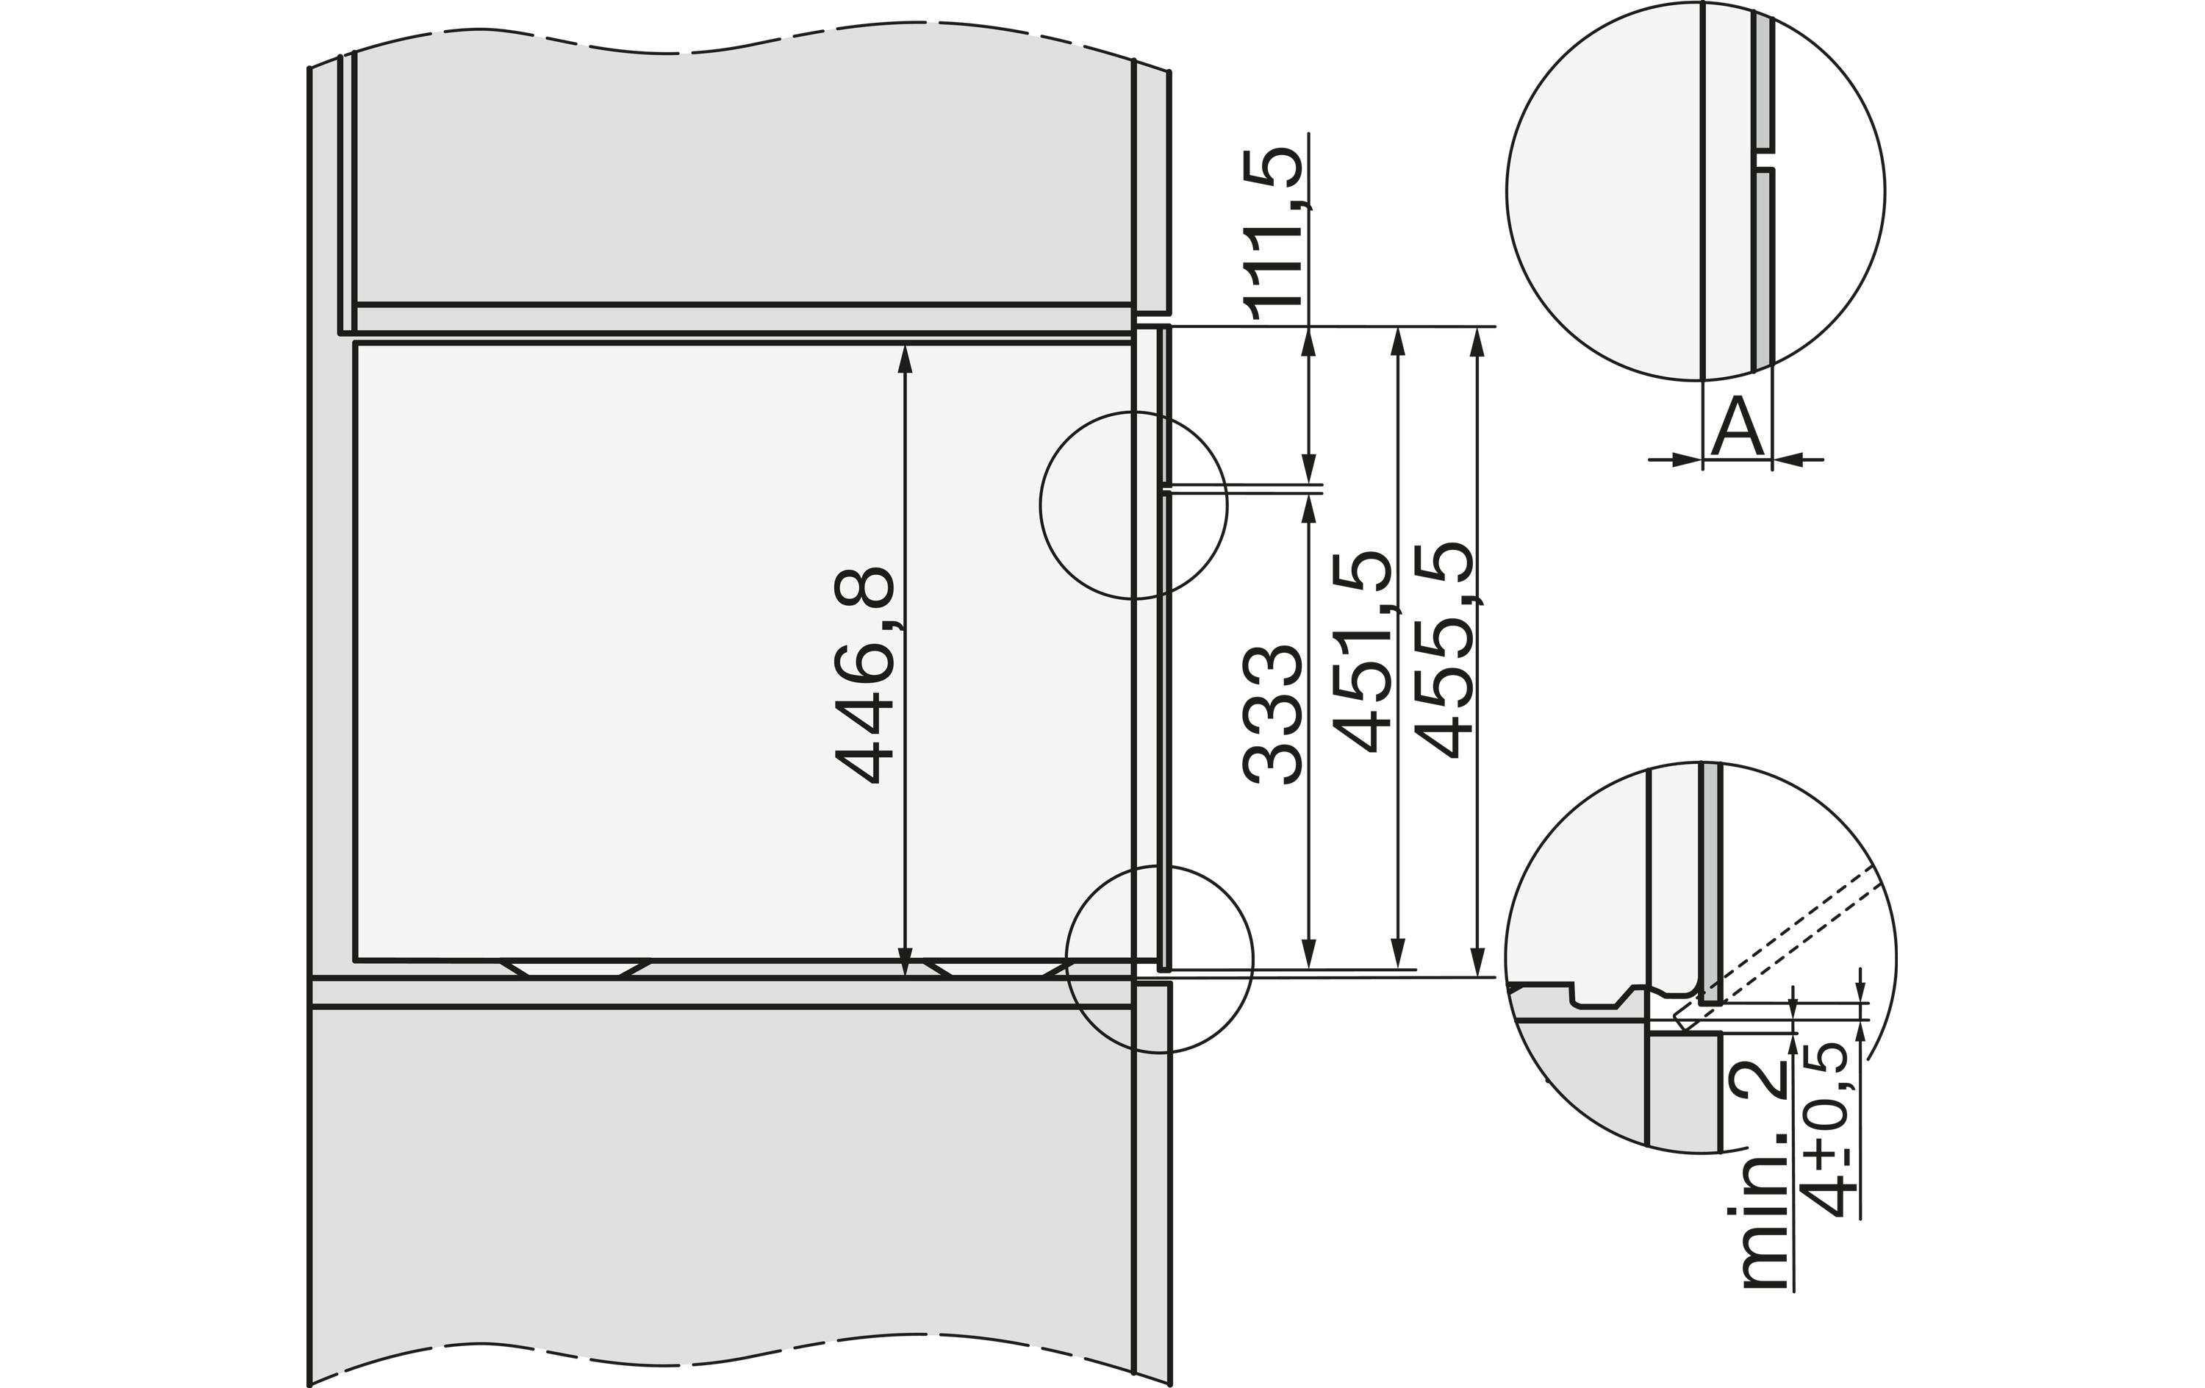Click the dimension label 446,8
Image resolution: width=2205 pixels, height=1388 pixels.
[864, 675]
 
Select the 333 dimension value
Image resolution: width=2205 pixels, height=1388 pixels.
[1272, 714]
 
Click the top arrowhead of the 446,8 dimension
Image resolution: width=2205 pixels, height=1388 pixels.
[906, 358]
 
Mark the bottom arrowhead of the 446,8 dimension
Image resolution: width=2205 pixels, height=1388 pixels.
[906, 962]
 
